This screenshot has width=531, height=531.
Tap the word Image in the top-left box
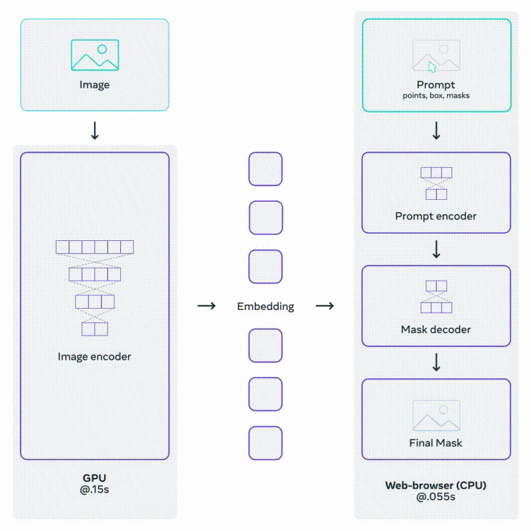[x=94, y=85]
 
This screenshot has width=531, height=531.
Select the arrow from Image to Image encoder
[x=95, y=131]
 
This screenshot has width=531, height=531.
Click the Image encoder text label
[x=94, y=356]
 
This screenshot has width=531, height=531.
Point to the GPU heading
[x=94, y=478]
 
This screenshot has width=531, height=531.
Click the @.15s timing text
[x=94, y=489]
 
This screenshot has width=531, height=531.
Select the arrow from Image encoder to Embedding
[x=206, y=306]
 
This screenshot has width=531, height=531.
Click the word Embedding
[x=265, y=307]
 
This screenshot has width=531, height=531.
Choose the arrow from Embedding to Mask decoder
[x=325, y=306]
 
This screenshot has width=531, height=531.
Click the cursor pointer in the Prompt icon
[x=432, y=67]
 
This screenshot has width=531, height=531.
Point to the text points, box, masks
[x=436, y=96]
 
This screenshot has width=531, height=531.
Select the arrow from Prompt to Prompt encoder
[x=437, y=131]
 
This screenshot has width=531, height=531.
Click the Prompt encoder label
[x=436, y=216]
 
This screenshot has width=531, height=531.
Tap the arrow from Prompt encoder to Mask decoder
[x=437, y=250]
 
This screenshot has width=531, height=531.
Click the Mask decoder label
[x=436, y=329]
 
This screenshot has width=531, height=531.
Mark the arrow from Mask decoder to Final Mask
[x=437, y=362]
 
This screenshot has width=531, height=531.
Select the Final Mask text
[x=436, y=443]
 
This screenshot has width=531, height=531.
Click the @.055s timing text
[x=436, y=496]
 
